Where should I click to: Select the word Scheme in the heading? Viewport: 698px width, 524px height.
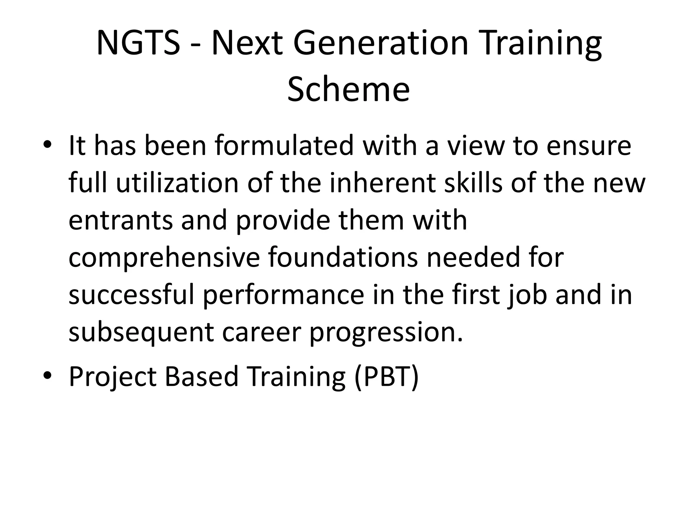point(348,89)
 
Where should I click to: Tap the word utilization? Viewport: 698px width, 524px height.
point(177,183)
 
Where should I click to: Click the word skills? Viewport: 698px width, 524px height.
point(473,183)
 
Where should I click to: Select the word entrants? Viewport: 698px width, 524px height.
point(121,221)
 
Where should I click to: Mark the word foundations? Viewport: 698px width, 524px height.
point(343,258)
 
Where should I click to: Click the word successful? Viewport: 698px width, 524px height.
point(132,295)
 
